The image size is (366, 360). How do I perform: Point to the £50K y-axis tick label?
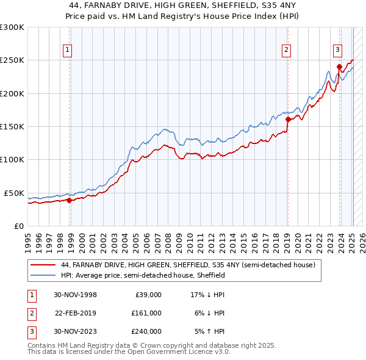pos(13,193)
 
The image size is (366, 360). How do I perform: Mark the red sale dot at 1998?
pos(70,200)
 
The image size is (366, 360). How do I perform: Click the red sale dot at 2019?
pos(287,119)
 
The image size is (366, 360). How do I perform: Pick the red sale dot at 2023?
pos(339,67)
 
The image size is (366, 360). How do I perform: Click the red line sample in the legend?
pos(43,265)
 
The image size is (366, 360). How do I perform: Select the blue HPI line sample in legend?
pos(43,275)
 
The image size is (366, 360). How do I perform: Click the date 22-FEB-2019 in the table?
pos(76,312)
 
